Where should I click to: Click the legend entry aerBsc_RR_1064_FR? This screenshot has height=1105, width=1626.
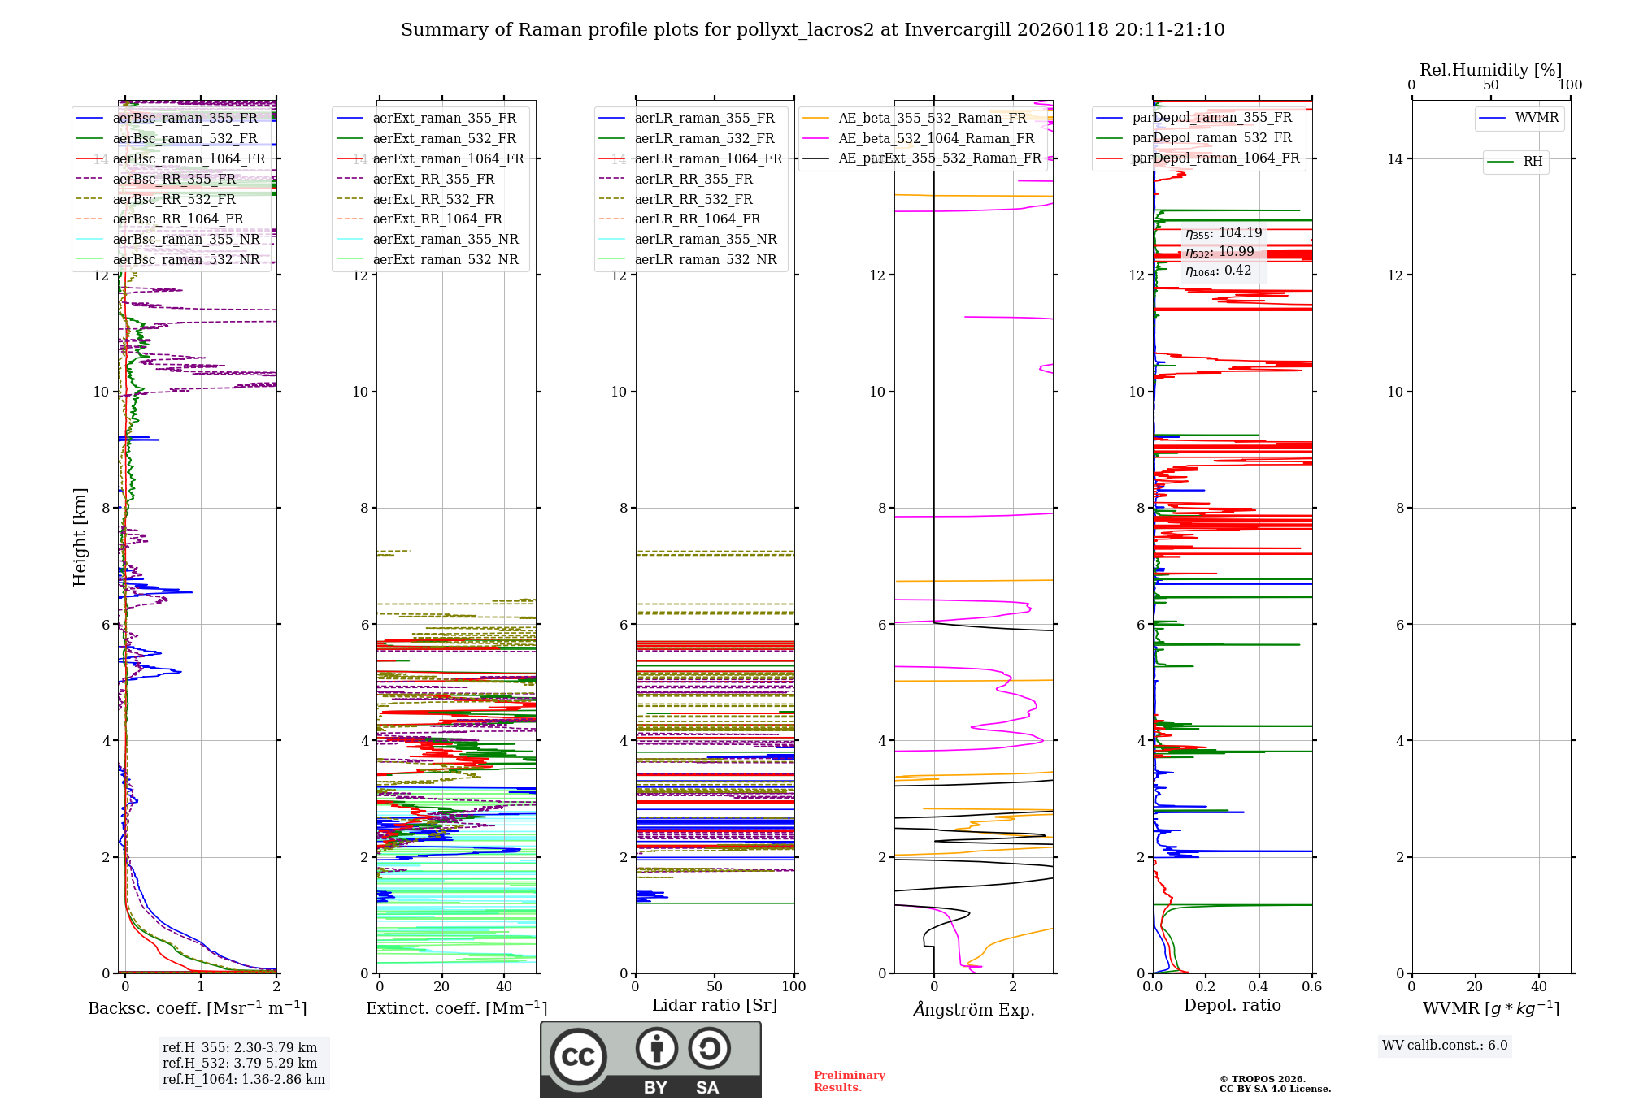click(177, 219)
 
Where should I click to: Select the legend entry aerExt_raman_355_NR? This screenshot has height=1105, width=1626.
click(445, 240)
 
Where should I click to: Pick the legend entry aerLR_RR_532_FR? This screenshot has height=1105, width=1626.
click(693, 199)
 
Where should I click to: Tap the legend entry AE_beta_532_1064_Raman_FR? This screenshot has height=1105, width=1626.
click(936, 139)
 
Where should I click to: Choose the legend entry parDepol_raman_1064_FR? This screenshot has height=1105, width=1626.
click(1215, 158)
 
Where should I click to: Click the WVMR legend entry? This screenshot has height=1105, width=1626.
click(1536, 118)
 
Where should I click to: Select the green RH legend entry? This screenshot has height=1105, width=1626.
click(1532, 162)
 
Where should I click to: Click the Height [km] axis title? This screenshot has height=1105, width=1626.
click(80, 537)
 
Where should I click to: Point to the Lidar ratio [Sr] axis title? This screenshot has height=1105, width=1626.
click(714, 1006)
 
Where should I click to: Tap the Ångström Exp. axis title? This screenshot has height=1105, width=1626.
click(973, 1010)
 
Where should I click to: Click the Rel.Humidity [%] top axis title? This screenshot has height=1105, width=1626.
click(1490, 70)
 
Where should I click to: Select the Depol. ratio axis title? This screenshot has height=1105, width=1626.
click(1232, 1006)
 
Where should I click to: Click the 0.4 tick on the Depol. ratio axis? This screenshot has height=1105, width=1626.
click(1259, 987)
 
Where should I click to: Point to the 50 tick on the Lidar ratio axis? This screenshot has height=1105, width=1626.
click(715, 987)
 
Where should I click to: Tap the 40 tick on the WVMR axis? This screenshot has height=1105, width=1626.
click(1539, 987)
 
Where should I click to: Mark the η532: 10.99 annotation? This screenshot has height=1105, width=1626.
click(1219, 252)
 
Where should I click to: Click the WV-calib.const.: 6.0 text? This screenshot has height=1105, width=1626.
click(1445, 1046)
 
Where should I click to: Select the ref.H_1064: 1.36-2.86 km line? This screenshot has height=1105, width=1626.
click(243, 1080)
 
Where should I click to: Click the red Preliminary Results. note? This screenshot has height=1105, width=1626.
click(849, 1081)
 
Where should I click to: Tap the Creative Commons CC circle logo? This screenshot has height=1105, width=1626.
click(578, 1057)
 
